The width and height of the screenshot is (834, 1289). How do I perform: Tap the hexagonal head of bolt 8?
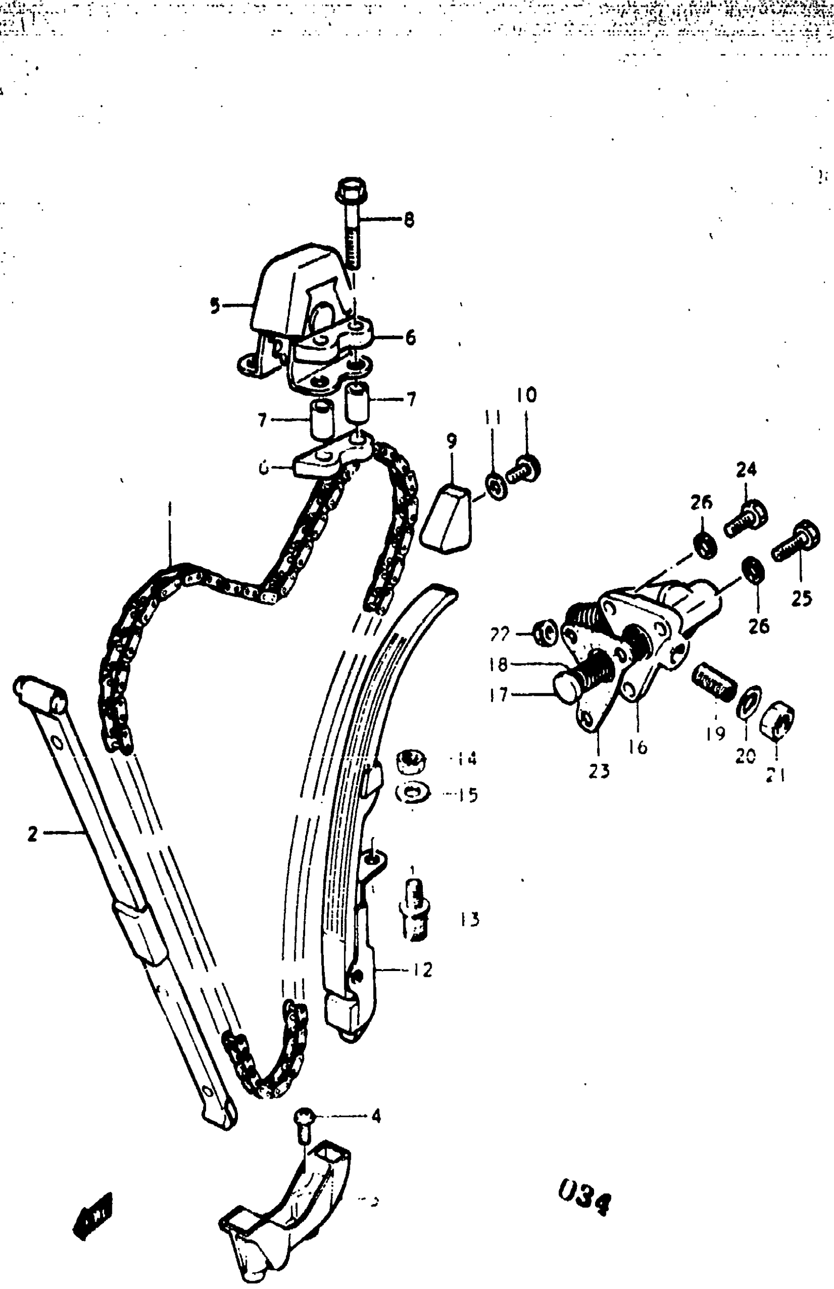click(x=351, y=189)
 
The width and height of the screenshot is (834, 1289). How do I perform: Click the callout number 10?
click(x=526, y=395)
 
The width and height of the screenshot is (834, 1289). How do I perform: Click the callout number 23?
click(x=599, y=770)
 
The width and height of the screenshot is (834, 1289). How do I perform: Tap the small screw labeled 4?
click(x=303, y=1124)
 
